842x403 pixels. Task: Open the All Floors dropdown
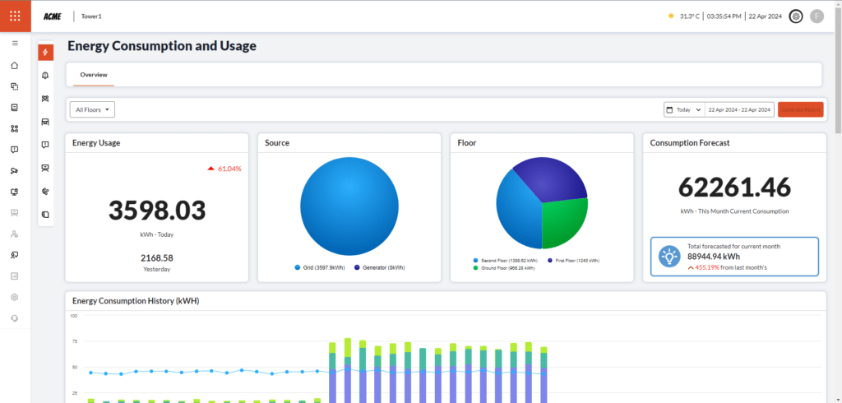click(93, 109)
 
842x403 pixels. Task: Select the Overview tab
click(94, 75)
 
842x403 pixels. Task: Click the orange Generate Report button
click(800, 109)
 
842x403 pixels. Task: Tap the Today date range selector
click(684, 109)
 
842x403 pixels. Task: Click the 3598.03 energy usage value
click(157, 210)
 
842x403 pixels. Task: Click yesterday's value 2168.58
click(157, 258)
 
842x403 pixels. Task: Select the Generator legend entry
click(379, 267)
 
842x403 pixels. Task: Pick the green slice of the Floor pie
click(563, 220)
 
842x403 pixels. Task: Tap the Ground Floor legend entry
click(503, 268)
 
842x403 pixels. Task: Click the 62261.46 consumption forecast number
click(734, 187)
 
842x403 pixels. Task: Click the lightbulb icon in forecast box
click(669, 257)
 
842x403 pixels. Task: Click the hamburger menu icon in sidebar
click(15, 43)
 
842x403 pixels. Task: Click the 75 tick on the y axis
click(74, 341)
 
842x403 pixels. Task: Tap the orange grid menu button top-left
click(15, 16)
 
